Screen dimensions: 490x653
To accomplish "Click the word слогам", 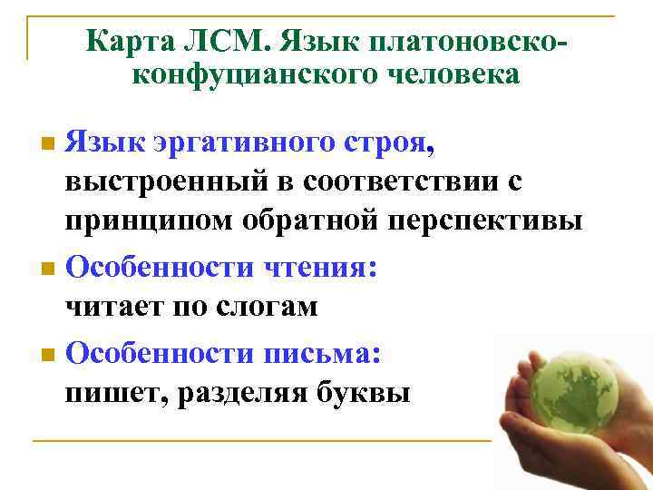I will pyautogui.click(x=269, y=307).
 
